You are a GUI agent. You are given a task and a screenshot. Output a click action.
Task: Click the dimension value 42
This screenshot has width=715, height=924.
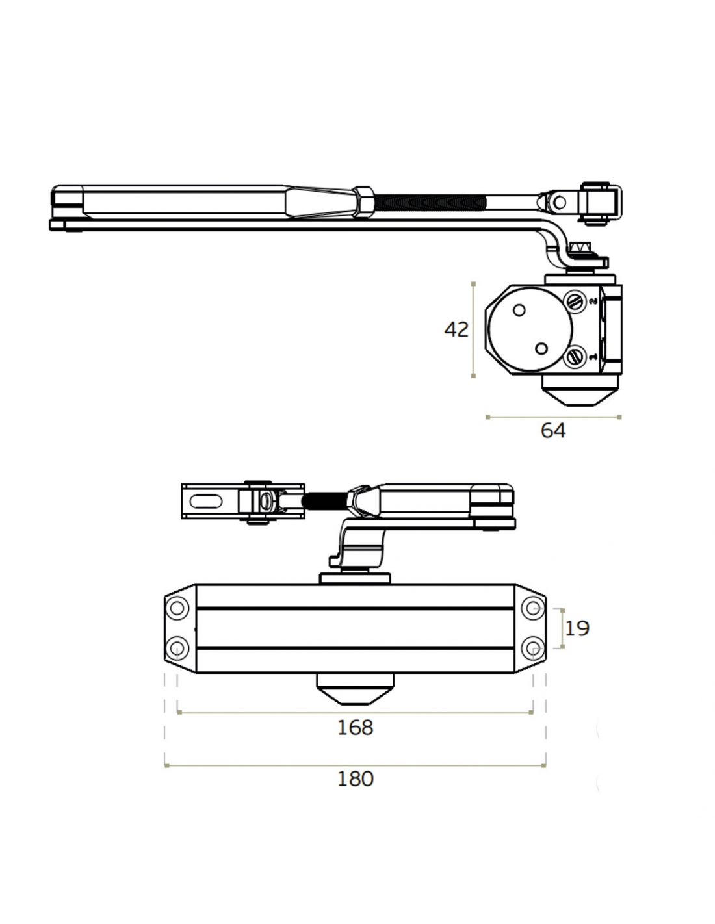(456, 329)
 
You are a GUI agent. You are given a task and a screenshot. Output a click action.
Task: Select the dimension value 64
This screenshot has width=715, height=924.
(553, 430)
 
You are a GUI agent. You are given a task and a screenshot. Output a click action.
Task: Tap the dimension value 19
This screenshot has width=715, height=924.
(577, 628)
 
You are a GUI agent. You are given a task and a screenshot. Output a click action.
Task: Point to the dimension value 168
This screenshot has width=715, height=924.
(355, 727)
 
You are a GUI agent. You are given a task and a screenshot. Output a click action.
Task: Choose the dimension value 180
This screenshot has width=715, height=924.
(355, 778)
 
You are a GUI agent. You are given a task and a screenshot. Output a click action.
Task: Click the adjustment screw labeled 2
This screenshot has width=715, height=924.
(575, 301)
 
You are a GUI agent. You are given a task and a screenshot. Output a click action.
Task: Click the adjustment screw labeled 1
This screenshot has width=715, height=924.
(575, 357)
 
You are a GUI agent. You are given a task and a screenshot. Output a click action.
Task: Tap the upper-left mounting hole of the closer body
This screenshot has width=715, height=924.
(177, 608)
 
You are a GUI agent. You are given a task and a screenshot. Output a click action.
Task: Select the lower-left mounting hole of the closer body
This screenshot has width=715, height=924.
(177, 648)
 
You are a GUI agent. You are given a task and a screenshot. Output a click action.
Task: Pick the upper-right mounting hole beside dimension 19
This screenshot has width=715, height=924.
(534, 608)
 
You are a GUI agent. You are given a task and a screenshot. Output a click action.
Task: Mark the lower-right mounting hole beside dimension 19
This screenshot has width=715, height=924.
(534, 648)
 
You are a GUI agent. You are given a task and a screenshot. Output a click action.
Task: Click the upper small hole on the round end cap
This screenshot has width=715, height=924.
(519, 311)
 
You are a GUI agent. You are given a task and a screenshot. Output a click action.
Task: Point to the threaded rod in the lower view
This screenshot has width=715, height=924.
(325, 501)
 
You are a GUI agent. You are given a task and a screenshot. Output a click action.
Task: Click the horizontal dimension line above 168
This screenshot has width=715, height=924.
(355, 713)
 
